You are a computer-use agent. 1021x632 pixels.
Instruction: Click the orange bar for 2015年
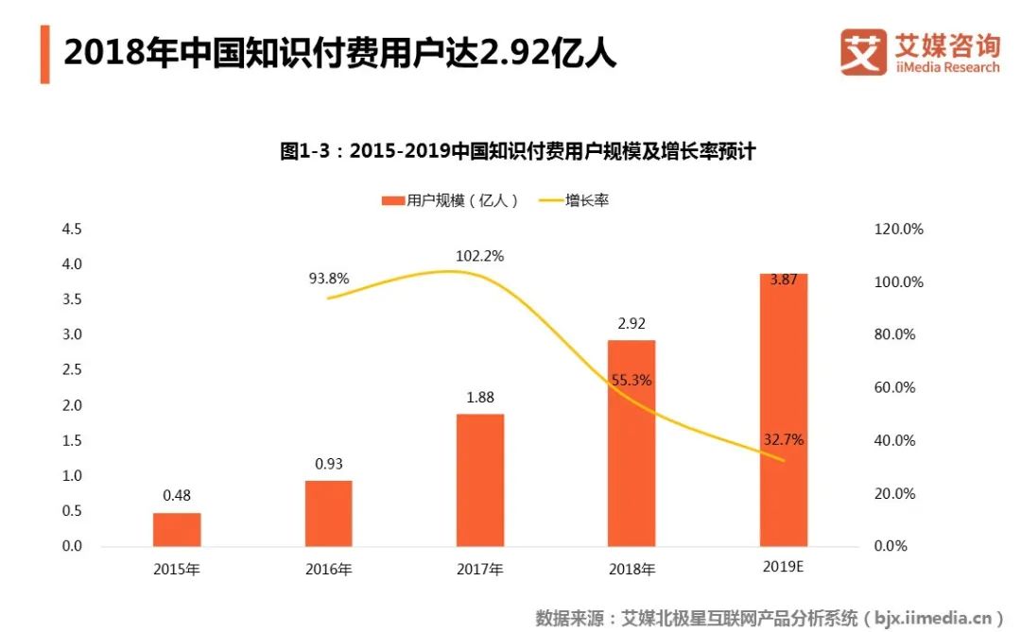[x=177, y=529]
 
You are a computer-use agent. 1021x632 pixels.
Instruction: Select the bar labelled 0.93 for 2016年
[x=328, y=513]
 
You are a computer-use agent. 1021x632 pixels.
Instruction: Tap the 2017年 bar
[x=480, y=480]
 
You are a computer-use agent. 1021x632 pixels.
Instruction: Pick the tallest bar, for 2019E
[x=784, y=410]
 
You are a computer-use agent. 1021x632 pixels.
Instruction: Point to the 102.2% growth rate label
[x=480, y=255]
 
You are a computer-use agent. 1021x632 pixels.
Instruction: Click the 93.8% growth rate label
[x=328, y=278]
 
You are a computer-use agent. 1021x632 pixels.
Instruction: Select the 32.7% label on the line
[x=784, y=439]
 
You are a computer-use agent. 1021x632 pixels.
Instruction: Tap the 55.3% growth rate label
[x=632, y=381]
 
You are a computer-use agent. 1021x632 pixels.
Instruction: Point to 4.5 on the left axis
[x=71, y=230]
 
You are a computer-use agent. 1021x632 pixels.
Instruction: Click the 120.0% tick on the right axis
[x=899, y=230]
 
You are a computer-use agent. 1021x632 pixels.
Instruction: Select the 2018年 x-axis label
[x=632, y=570]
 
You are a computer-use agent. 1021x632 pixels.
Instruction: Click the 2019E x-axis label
[x=784, y=568]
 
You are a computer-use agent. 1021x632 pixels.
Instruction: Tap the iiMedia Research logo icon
[x=863, y=52]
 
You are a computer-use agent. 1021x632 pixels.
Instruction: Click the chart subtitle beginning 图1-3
[x=518, y=151]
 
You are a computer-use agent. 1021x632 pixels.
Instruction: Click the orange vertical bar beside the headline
[x=44, y=54]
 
